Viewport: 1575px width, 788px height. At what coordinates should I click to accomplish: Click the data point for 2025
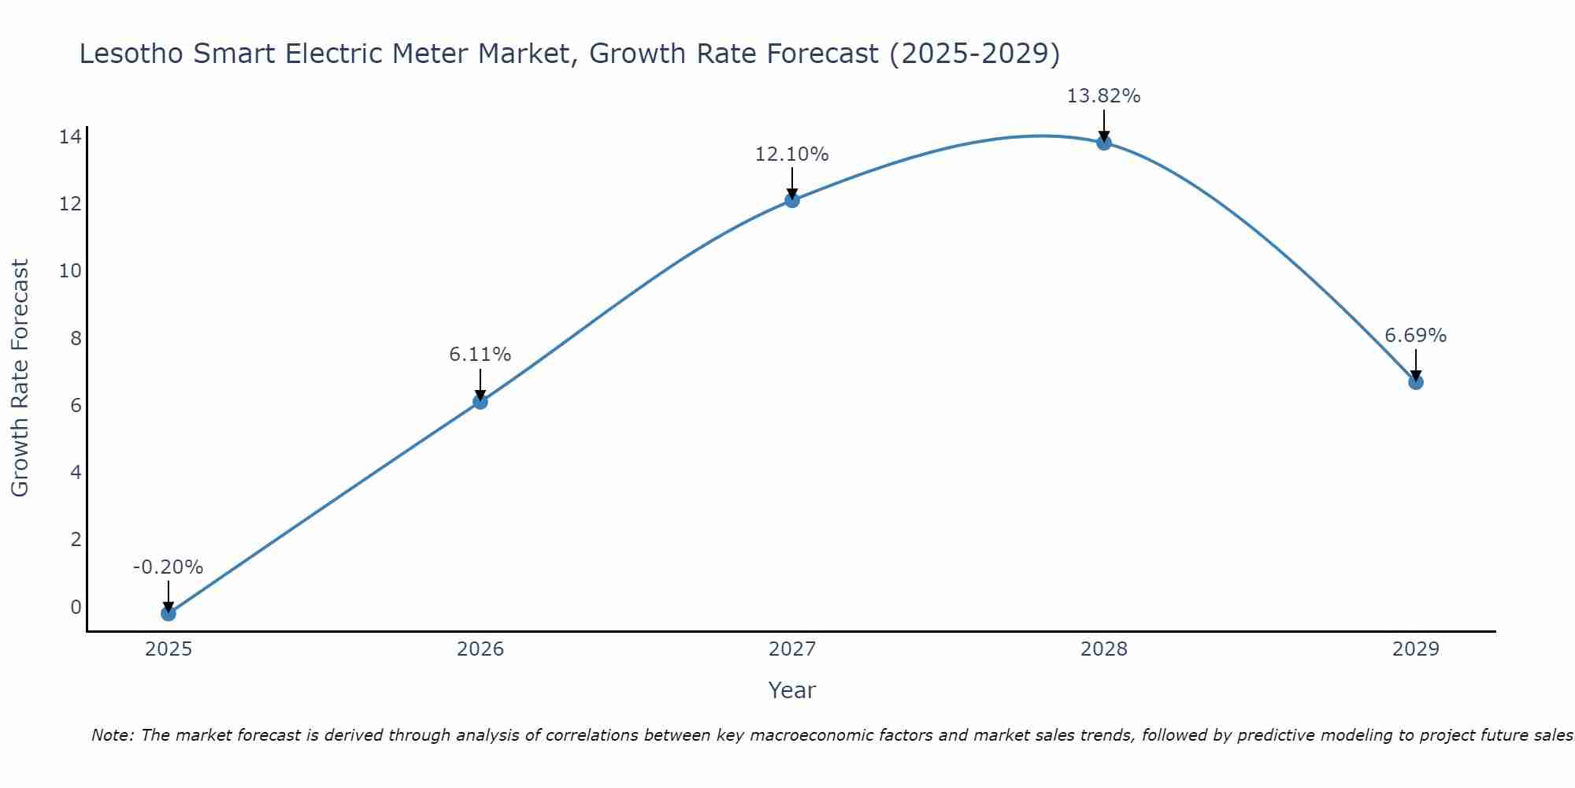pyautogui.click(x=168, y=613)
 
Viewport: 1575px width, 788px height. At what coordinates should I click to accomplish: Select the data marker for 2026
pyautogui.click(x=480, y=402)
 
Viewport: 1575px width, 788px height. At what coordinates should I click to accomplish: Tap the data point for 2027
pyautogui.click(x=791, y=200)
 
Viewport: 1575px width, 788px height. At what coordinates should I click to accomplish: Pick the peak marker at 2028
pyautogui.click(x=1103, y=143)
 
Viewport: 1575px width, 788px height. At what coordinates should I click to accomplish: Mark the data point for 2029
pyautogui.click(x=1415, y=382)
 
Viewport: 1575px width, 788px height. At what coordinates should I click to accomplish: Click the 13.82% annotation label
pyautogui.click(x=1103, y=96)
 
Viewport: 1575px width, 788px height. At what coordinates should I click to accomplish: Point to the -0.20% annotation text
pyautogui.click(x=168, y=567)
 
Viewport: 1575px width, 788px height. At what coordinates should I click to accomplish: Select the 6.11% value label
pyautogui.click(x=480, y=355)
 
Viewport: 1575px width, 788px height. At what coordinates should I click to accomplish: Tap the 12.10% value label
pyautogui.click(x=791, y=154)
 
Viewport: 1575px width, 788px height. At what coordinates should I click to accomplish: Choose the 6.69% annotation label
pyautogui.click(x=1415, y=336)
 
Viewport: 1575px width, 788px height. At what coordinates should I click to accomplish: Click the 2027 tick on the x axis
pyautogui.click(x=791, y=649)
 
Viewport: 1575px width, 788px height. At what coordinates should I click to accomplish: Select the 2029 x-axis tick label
pyautogui.click(x=1415, y=649)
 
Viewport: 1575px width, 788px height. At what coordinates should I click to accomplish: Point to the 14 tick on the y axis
pyautogui.click(x=70, y=137)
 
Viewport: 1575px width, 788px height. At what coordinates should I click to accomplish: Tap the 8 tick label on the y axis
pyautogui.click(x=76, y=339)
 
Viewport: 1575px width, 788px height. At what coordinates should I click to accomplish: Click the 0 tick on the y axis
pyautogui.click(x=76, y=608)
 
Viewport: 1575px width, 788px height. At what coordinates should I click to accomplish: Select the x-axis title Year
pyautogui.click(x=791, y=690)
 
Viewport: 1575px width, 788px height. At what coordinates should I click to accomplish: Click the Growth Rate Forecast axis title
pyautogui.click(x=20, y=378)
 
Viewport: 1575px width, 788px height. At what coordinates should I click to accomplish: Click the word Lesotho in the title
pyautogui.click(x=132, y=54)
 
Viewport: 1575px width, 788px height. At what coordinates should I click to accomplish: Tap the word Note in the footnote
pyautogui.click(x=112, y=735)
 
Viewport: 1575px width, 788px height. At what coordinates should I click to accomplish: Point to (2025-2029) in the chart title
pyautogui.click(x=974, y=54)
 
